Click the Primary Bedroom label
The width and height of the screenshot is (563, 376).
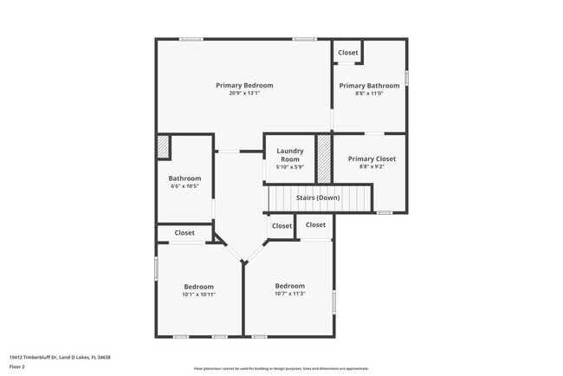click(x=244, y=85)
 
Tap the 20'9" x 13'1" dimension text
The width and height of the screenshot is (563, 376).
click(x=244, y=94)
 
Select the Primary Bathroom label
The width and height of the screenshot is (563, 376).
click(x=369, y=86)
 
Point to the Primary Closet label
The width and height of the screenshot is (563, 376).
click(x=371, y=159)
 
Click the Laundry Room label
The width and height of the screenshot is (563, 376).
click(x=289, y=155)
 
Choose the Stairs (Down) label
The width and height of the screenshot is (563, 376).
click(x=318, y=198)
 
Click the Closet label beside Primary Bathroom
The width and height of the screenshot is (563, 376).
click(x=348, y=53)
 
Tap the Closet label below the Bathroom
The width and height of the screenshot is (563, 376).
click(x=184, y=232)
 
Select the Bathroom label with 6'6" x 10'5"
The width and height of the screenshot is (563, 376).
click(x=184, y=178)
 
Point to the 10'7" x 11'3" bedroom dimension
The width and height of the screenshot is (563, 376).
click(x=290, y=294)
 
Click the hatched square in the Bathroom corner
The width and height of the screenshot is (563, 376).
click(x=162, y=147)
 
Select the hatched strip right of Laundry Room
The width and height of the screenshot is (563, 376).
click(x=323, y=158)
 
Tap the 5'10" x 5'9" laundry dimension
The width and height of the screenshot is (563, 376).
click(x=289, y=167)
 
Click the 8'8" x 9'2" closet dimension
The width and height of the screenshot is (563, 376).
click(x=371, y=166)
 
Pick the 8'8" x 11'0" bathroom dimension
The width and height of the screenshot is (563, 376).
click(x=369, y=94)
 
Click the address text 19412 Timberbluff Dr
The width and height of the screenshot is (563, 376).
click(x=60, y=357)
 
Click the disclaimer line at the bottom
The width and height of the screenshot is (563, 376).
click(x=281, y=368)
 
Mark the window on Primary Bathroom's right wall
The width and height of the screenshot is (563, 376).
click(x=405, y=78)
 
